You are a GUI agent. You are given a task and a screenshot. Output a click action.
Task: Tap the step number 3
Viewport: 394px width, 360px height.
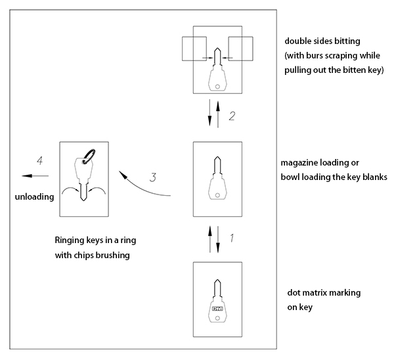(152, 176)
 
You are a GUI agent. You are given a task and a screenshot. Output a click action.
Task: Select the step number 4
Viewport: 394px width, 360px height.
(40, 160)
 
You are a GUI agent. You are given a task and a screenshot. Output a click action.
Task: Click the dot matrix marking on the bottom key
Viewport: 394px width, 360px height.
(217, 308)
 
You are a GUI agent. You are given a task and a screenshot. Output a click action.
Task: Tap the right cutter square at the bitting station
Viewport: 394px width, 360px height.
(241, 49)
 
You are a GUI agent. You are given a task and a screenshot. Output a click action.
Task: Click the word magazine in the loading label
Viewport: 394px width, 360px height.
(300, 162)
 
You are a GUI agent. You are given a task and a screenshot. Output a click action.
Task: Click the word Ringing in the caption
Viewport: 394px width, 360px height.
(70, 241)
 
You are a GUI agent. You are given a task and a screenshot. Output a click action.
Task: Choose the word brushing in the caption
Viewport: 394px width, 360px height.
(111, 256)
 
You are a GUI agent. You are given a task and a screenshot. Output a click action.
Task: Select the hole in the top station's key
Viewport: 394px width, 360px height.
(217, 85)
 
